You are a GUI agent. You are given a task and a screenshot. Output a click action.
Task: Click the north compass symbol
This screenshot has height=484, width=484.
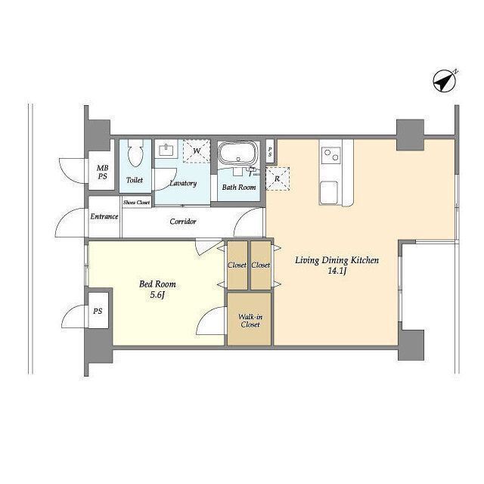445,81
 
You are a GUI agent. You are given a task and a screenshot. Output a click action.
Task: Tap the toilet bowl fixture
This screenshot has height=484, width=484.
135,153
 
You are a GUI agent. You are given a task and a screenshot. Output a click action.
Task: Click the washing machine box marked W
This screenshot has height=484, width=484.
197,151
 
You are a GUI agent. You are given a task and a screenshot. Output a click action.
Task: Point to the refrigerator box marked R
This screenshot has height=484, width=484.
278,178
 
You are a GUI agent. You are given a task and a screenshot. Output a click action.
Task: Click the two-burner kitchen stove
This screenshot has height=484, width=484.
331,155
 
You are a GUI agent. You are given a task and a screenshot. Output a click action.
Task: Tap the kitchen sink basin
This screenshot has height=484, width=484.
328,193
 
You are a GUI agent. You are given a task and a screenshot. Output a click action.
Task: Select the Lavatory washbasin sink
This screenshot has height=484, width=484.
166,150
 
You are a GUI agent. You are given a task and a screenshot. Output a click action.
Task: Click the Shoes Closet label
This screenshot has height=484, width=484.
136,203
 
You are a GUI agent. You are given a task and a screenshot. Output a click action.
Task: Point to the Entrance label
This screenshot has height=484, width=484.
104,216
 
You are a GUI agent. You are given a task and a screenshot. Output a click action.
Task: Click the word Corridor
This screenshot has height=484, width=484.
183,222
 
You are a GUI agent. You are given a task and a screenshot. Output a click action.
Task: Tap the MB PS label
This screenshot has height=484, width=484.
103,172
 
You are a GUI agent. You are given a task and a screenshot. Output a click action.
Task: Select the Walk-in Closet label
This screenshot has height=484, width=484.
250,321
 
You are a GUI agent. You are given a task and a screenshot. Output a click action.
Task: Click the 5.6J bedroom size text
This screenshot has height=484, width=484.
157,295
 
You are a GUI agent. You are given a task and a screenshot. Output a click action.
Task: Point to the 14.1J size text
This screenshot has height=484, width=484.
337,271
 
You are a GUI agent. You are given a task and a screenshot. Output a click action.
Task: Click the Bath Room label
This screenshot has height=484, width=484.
239,187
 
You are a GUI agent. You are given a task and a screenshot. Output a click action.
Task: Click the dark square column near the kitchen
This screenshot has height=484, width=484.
410,135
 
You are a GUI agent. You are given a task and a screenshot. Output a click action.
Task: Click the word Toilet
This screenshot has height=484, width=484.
135,180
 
